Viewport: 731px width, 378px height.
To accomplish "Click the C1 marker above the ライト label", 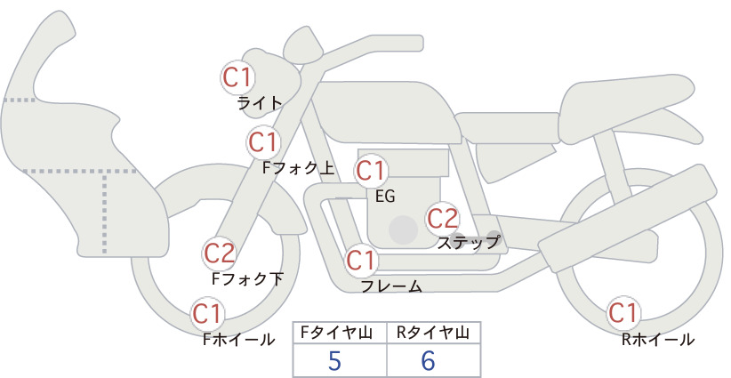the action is coord(237,77).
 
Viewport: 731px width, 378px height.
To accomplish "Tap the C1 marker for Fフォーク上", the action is coord(264,142).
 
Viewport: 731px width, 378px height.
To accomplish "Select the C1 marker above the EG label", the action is coord(371,171).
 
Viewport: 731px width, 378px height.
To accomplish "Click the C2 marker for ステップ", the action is coord(443,219).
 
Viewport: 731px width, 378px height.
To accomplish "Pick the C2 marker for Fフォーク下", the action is coord(219,253).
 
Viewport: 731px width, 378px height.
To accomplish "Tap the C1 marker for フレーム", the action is coord(362,261).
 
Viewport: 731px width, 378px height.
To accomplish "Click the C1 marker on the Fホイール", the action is coord(207,314).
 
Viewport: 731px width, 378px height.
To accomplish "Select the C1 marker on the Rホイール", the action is coord(623,313).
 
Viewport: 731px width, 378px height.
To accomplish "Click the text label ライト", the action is coord(260,102).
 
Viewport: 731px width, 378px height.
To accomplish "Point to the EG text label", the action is coord(385,197).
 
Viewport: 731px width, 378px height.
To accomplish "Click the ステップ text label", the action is coord(468,243).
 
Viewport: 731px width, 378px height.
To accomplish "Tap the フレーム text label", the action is coord(391,286).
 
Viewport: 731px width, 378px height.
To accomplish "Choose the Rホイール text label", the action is coord(658,340).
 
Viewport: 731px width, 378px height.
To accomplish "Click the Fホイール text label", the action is coord(238,340).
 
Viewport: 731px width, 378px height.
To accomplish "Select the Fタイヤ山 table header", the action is coord(336,333).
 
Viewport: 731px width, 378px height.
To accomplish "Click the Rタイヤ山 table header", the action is coord(433,333).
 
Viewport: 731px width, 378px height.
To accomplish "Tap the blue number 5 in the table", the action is coord(334,360).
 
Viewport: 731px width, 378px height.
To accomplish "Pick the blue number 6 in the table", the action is coord(428,360).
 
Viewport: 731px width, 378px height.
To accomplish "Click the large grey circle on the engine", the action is coord(403,229).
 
